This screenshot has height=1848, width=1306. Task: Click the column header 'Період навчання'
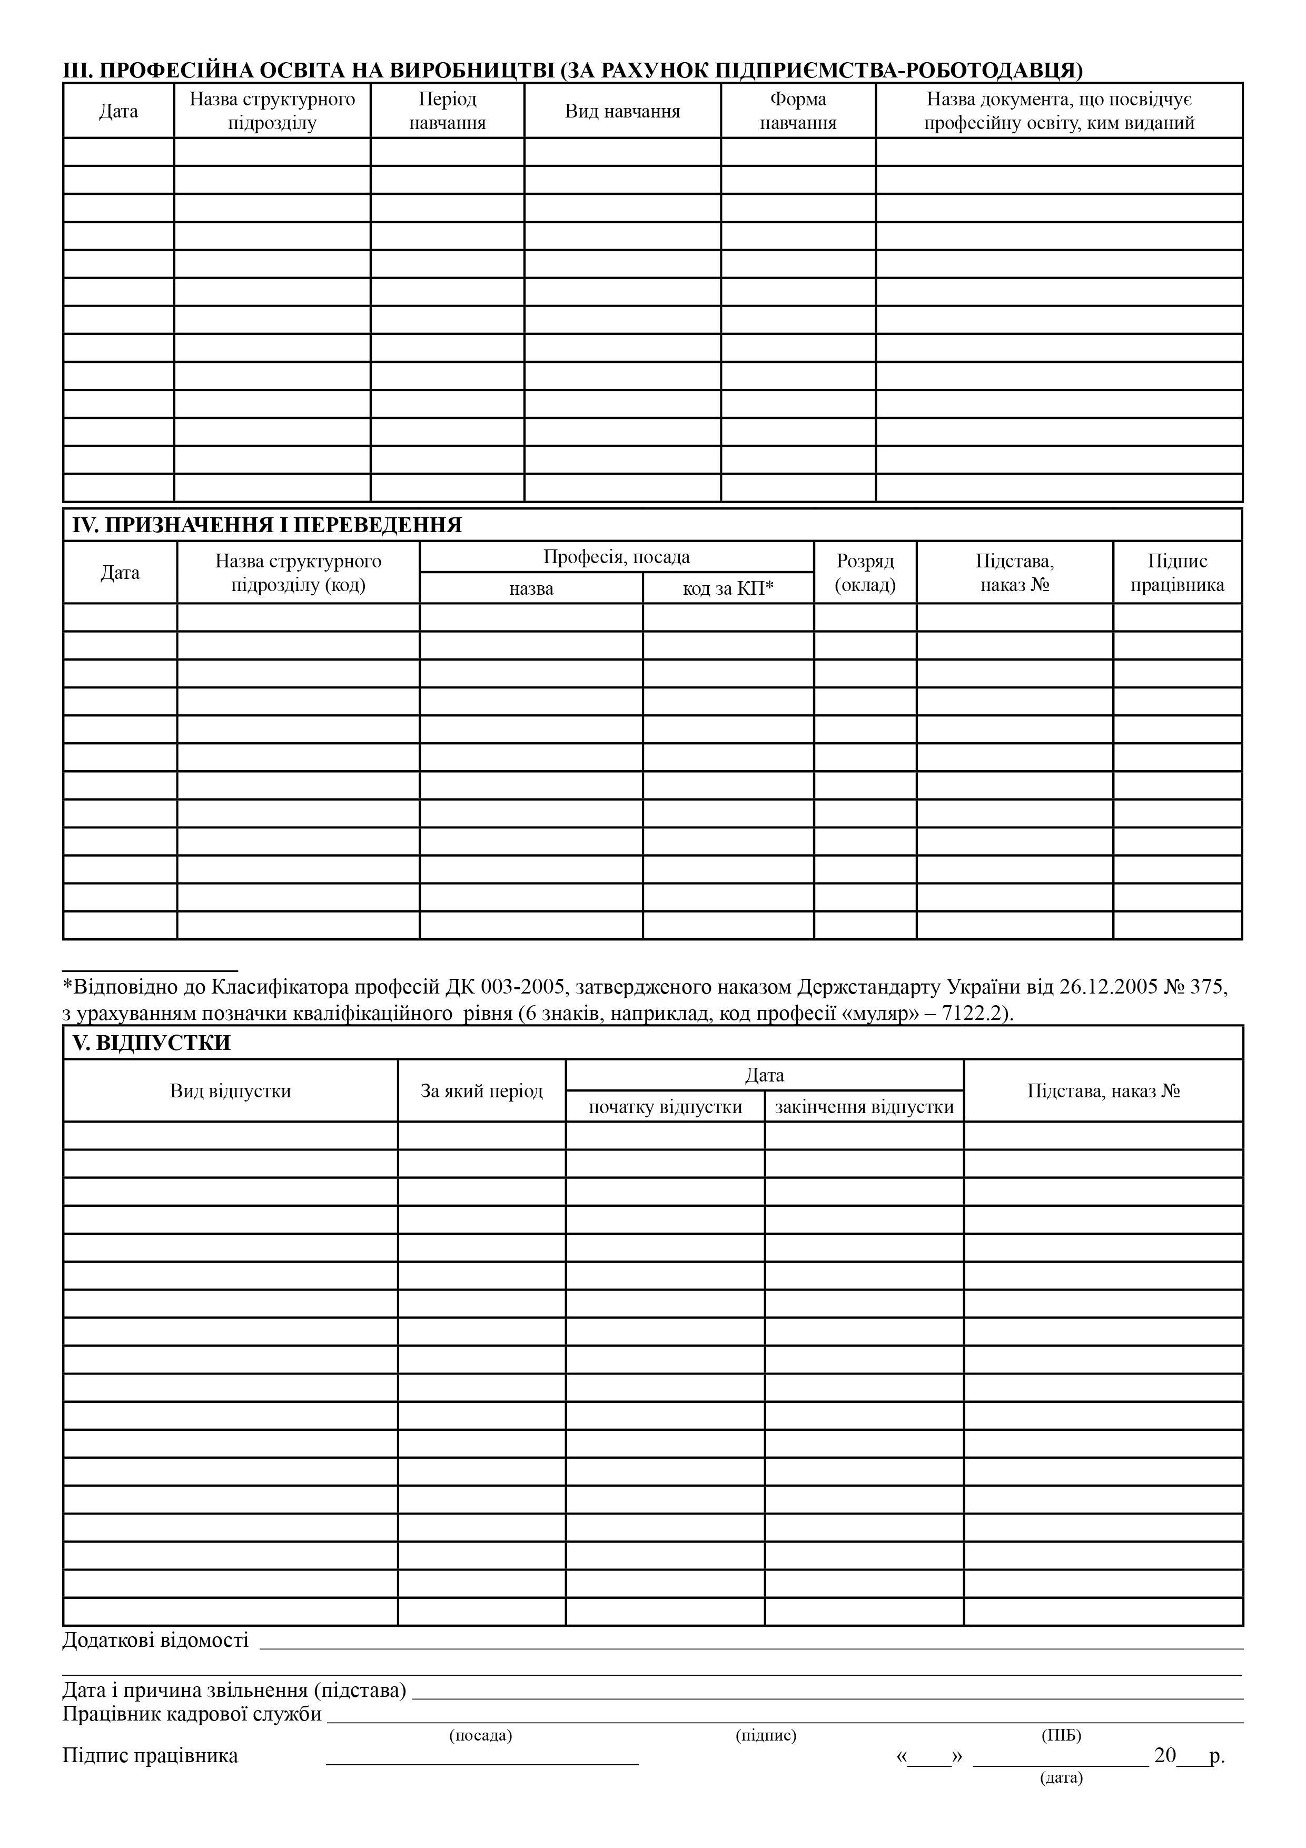[x=448, y=111]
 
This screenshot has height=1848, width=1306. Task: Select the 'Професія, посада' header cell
[x=616, y=557]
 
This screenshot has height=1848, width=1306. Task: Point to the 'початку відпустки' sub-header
[x=665, y=1107]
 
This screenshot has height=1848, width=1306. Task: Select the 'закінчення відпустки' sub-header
[x=864, y=1107]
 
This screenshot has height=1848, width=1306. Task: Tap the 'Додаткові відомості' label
[x=155, y=1639]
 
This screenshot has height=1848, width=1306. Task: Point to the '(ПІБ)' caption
[x=1061, y=1735]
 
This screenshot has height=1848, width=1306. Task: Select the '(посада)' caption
[x=480, y=1735]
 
